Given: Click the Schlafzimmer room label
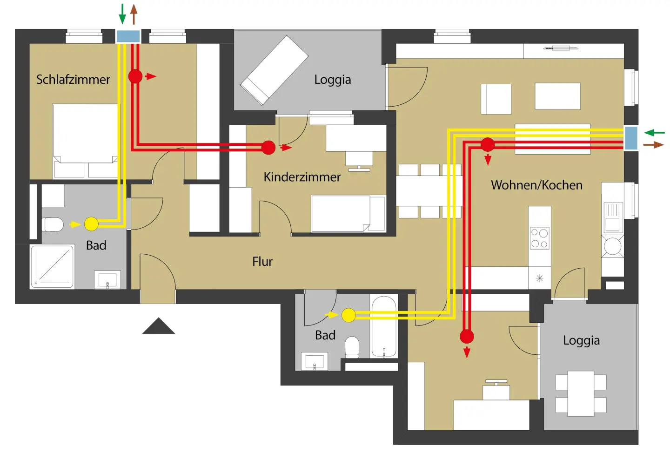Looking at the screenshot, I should click(73, 79).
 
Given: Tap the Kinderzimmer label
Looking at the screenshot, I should click(302, 177).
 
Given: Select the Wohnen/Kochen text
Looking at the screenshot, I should click(536, 185).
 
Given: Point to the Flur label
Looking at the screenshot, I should click(262, 262).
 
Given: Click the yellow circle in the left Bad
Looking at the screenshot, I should click(91, 224).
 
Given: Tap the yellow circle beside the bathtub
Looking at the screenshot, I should click(348, 315).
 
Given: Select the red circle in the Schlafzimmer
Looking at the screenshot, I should click(135, 76).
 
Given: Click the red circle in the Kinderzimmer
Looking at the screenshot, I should click(268, 148).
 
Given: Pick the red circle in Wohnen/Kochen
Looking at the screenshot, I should click(488, 145).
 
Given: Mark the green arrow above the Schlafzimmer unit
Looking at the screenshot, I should click(122, 14).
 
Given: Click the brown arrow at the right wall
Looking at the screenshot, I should click(654, 145).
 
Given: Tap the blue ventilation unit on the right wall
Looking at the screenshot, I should click(631, 138).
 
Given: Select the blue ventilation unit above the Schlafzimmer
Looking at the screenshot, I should click(128, 36).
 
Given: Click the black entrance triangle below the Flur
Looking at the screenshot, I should click(159, 326).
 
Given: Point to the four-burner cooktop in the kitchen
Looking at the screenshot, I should click(540, 238).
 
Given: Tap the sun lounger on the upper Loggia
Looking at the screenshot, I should click(274, 70).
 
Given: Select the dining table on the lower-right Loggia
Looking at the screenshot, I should click(581, 393).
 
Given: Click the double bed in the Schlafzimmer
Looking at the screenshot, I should click(85, 140).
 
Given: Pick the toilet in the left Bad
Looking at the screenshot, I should click(53, 224).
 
